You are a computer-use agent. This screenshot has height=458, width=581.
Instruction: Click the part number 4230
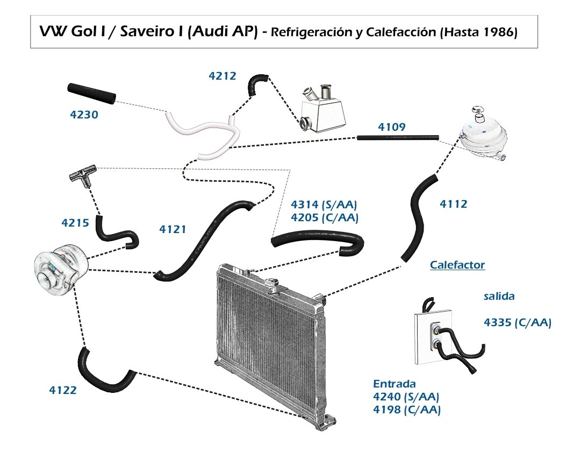[x=84, y=115]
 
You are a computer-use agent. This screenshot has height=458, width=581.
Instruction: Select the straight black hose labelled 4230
[x=91, y=93]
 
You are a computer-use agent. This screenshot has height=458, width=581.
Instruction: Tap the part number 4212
[x=223, y=76]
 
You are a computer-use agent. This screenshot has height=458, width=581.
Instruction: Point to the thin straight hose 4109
[x=398, y=138]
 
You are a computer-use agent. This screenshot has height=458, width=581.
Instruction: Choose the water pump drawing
[x=61, y=269]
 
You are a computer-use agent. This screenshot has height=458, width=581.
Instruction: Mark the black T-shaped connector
[x=83, y=175]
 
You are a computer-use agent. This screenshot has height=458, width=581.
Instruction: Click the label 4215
[x=75, y=223]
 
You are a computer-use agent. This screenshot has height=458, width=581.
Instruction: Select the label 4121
[x=173, y=229]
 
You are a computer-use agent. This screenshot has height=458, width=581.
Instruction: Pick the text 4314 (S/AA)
[x=324, y=205]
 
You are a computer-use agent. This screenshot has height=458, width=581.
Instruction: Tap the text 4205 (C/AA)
[x=325, y=217]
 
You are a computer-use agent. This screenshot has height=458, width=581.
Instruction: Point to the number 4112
[x=454, y=204]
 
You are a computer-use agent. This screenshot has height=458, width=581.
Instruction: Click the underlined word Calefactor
[x=457, y=265]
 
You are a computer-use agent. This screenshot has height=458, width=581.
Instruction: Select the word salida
[x=499, y=296]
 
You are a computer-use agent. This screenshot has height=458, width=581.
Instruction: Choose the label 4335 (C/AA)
[x=518, y=322]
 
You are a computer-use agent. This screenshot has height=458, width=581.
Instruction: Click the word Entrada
[x=394, y=384]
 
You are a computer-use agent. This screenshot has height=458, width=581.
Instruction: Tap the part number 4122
[x=63, y=390]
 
